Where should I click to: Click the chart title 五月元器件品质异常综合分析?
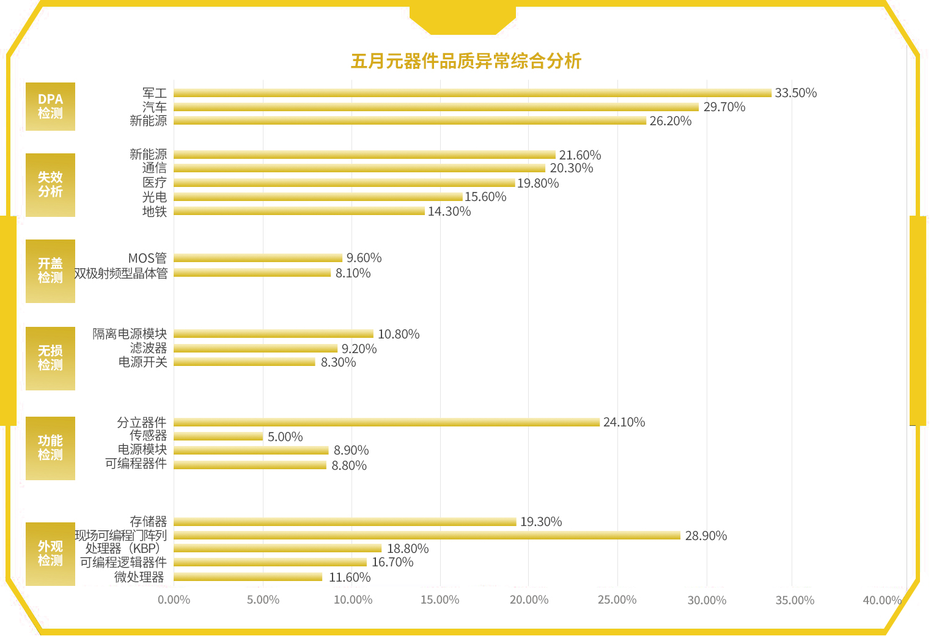coord(466,61)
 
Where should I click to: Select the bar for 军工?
coord(472,93)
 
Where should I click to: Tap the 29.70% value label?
coord(724,107)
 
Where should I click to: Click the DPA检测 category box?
coord(50,106)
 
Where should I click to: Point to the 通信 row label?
coord(154,168)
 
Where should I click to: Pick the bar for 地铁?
coord(299,211)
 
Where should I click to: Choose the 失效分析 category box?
coord(50,185)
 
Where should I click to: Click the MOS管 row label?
coord(147,258)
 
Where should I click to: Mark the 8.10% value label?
coord(353,273)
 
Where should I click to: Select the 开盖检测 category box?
coord(50,271)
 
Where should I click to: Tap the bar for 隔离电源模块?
coord(273,334)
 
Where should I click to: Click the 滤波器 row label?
coord(148,348)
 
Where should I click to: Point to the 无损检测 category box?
coord(50,358)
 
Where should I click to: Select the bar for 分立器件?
coord(386,422)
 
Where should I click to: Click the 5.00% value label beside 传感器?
coord(285,437)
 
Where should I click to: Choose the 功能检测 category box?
coord(50,448)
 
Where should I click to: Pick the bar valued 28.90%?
coord(427,535)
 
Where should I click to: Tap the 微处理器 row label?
coord(139,577)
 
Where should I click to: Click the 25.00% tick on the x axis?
coord(617,600)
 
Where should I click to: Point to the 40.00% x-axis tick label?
coord(881,600)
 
